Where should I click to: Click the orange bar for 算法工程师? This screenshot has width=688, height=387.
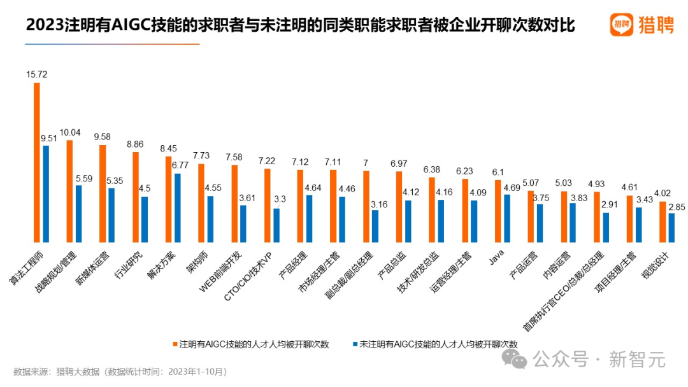tap(37, 162)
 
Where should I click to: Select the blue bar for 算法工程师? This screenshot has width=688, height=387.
tap(46, 193)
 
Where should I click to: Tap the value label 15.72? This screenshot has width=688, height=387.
tap(37, 74)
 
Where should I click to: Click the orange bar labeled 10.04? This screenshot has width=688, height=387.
tap(69, 191)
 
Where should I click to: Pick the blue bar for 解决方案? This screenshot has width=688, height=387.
tap(178, 208)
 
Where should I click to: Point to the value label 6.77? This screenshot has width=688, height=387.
tap(180, 165)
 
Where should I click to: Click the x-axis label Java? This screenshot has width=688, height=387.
tap(496, 260)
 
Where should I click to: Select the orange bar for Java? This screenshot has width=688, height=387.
tap(498, 211)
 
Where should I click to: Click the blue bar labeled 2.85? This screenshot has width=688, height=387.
tap(671, 227)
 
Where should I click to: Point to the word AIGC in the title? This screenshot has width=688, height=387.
tap(131, 25)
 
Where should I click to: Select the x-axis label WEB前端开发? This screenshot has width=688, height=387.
tap(221, 271)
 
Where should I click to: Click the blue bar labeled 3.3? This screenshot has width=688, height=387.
tap(276, 225)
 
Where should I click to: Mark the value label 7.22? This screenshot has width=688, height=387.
tap(268, 160)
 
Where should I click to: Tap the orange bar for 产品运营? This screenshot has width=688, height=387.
tap(531, 216)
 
